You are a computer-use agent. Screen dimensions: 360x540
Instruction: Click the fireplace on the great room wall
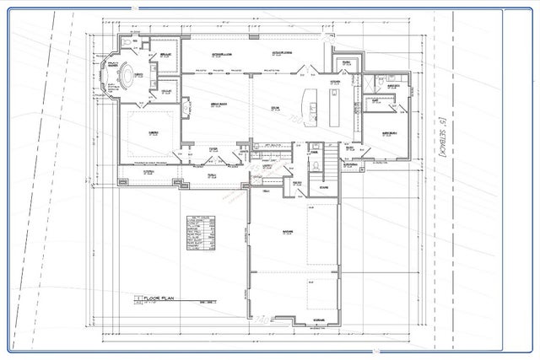pyautogui.click(x=185, y=109)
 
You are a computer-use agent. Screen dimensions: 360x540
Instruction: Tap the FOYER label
pyautogui.click(x=213, y=148)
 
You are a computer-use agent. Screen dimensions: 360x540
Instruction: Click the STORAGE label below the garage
pyautogui.click(x=296, y=321)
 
